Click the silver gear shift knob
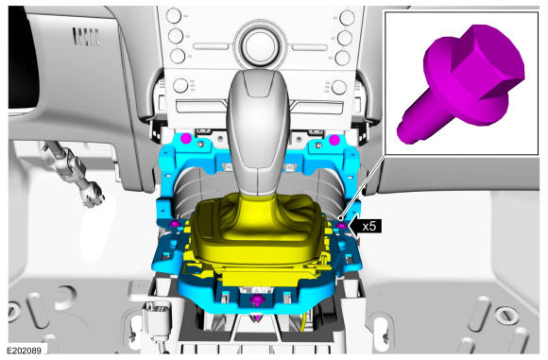click(x=258, y=133)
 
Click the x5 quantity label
click(x=369, y=226)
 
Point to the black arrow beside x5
click(x=365, y=226)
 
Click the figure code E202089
click(x=25, y=351)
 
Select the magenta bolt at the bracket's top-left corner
click(x=186, y=139)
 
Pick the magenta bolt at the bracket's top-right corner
click(x=334, y=140)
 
